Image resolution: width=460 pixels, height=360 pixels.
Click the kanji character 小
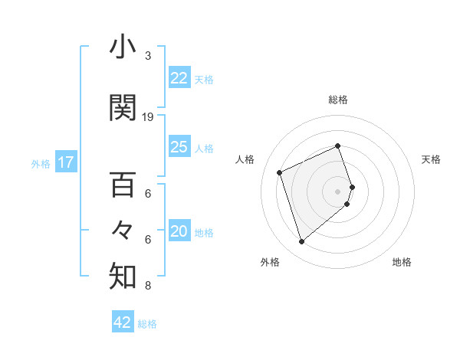coord(123,47)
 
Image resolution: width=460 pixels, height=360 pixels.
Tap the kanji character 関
coord(123,108)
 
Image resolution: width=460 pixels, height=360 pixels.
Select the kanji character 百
coord(123,186)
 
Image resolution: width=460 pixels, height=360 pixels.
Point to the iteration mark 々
coord(123,231)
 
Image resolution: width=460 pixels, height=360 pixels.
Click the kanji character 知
coord(123,277)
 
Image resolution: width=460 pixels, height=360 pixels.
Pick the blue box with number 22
coord(179,78)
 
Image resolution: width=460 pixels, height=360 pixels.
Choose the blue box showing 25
coord(179,148)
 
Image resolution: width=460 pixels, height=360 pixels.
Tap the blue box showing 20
coord(179,232)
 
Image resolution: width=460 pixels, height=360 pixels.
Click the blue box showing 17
coord(65,162)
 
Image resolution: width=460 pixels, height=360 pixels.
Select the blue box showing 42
coord(123,322)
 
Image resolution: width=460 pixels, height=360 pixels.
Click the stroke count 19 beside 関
coord(148,117)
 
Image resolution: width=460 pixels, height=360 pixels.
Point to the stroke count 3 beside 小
coord(148,56)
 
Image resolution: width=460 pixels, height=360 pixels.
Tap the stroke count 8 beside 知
coord(148,286)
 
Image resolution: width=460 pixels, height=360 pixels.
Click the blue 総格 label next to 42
coord(148,324)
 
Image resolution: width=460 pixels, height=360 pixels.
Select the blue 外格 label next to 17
coord(41,163)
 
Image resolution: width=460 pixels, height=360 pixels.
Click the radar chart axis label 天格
coord(431,159)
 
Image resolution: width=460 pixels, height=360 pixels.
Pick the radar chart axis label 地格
coord(402,262)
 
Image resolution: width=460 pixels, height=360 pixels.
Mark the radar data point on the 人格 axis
coord(281,172)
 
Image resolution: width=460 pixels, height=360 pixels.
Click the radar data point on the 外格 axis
coord(301,242)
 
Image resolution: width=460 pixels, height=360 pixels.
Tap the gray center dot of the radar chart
coord(338,191)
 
